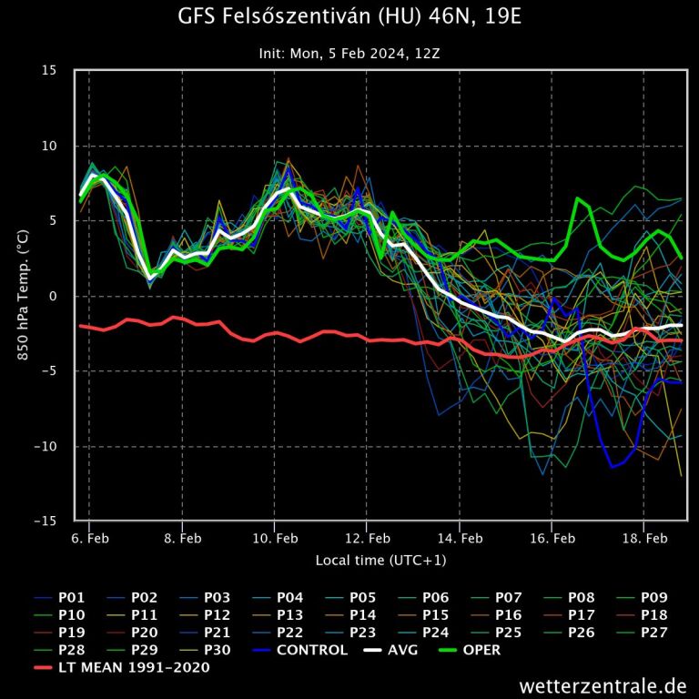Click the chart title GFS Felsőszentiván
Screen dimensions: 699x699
point(349,17)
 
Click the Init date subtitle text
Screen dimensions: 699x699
point(349,54)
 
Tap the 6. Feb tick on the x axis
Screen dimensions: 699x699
point(88,538)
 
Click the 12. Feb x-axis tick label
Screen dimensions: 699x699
point(366,538)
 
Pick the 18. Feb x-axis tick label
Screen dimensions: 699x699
point(643,538)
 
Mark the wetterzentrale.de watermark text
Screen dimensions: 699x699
point(603,684)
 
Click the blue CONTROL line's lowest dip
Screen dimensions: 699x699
point(613,466)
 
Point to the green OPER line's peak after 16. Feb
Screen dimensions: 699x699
point(578,198)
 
